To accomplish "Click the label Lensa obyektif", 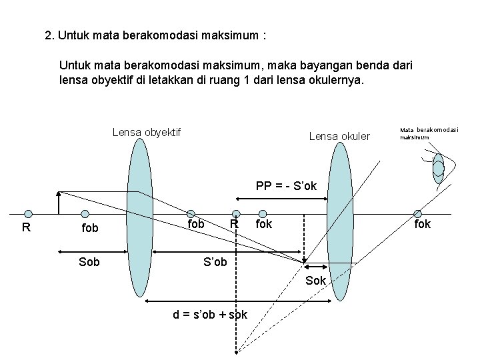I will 147,132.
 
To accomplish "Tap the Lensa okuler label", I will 339,137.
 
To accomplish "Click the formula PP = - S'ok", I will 286,186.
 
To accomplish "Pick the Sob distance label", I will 89,261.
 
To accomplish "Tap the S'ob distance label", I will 216,261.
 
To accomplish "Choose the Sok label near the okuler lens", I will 315,281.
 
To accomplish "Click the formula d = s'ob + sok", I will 210,314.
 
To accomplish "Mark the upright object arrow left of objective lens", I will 59,203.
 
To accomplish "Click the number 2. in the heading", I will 49,35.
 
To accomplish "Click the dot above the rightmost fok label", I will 421,213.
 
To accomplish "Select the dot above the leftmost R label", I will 28,214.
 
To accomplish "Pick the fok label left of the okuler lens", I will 264,224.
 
